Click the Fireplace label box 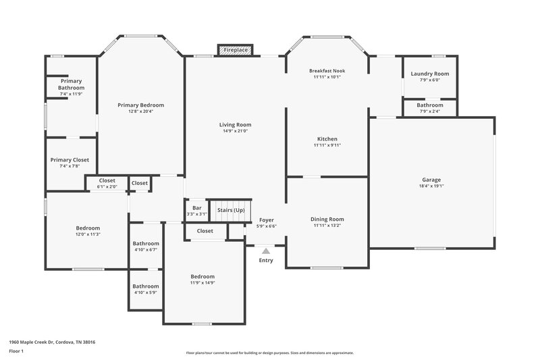[x=235, y=50]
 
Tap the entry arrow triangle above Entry [x=266, y=251]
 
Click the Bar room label [x=197, y=208]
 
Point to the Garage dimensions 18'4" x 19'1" [x=432, y=186]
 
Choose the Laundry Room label [x=430, y=74]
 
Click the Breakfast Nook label [x=327, y=71]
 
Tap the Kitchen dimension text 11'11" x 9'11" [x=327, y=145]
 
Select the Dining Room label [x=327, y=220]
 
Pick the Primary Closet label [x=70, y=160]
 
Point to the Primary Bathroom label [x=71, y=84]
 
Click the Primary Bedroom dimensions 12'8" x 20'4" [x=140, y=111]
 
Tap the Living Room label [x=235, y=125]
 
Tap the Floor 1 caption [x=16, y=352]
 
